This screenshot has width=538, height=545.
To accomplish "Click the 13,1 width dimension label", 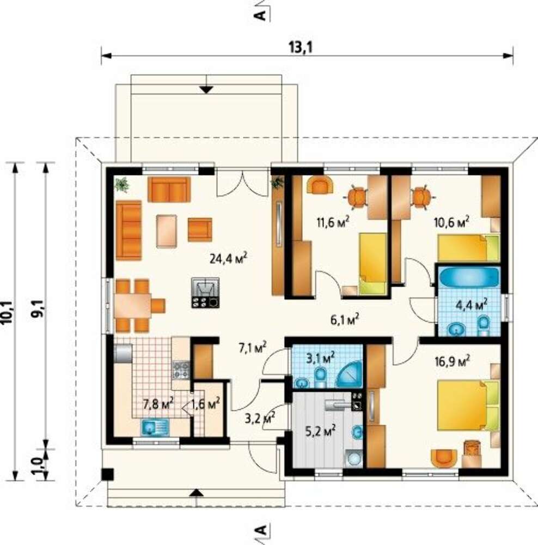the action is coord(301,47).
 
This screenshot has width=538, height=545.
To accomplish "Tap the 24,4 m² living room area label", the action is coord(229,258).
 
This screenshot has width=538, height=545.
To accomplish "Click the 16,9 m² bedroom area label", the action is coord(453,361).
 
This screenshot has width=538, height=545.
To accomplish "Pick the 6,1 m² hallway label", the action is coord(345,319).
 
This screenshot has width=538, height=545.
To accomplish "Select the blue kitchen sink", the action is coord(155,427).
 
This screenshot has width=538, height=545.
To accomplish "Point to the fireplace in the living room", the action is coord(205,293).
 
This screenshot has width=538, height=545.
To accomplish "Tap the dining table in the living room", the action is coord(133,305).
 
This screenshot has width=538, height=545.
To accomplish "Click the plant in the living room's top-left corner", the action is coord(121,184).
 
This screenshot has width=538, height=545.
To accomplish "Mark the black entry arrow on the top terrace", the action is coord(207,90).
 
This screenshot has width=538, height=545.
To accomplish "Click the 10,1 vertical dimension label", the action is coord(7,312).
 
